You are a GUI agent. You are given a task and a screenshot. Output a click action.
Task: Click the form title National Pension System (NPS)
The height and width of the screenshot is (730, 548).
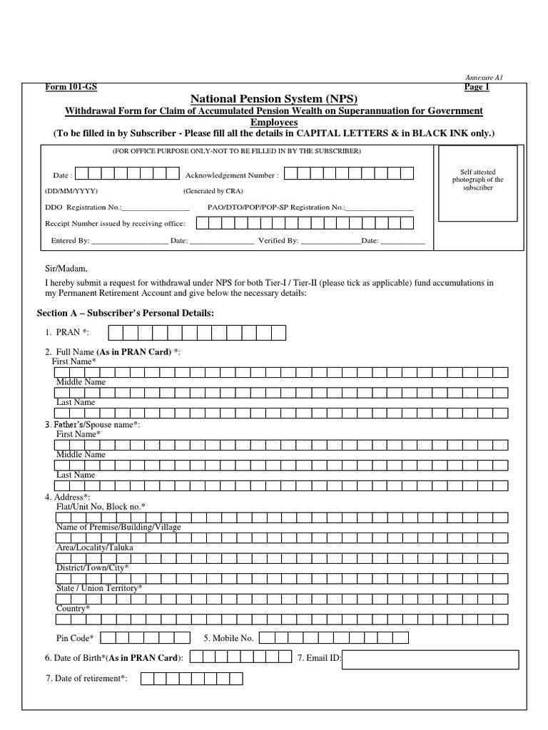pyautogui.click(x=273, y=98)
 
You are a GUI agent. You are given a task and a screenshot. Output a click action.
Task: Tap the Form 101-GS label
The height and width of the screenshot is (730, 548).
pyautogui.click(x=71, y=87)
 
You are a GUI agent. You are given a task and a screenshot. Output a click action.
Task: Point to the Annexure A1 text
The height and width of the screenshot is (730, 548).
pyautogui.click(x=483, y=77)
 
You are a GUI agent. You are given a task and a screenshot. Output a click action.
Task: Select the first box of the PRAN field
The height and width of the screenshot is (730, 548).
pyautogui.click(x=114, y=333)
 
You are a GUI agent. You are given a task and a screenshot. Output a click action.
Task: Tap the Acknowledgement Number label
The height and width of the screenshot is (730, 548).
pyautogui.click(x=232, y=175)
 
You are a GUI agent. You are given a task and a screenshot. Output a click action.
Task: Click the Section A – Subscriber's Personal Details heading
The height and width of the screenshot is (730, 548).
pyautogui.click(x=125, y=314)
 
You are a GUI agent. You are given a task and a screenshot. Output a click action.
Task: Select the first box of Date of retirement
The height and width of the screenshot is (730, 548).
pyautogui.click(x=148, y=679)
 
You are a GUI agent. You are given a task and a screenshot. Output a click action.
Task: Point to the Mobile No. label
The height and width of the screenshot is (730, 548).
pyautogui.click(x=228, y=638)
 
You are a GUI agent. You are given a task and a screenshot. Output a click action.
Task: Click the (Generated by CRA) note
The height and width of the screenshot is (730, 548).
pyautogui.click(x=213, y=192)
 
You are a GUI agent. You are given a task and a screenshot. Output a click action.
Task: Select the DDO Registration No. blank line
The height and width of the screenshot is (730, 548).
pyautogui.click(x=155, y=208)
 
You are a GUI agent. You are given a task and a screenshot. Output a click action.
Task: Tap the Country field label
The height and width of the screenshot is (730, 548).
pyautogui.click(x=73, y=608)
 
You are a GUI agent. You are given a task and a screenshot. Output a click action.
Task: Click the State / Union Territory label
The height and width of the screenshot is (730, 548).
pyautogui.click(x=99, y=587)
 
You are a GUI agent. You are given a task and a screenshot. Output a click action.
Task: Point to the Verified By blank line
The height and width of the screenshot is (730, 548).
pyautogui.click(x=330, y=242)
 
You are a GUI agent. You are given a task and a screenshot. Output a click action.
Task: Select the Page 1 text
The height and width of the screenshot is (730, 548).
pyautogui.click(x=477, y=87)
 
